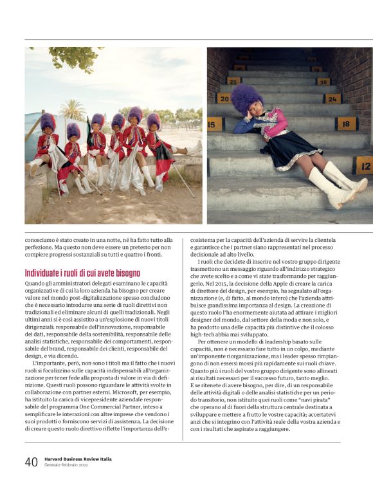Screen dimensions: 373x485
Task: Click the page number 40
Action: pyautogui.click(x=31, y=462)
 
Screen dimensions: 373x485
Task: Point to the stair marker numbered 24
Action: pyautogui.click(x=332, y=98)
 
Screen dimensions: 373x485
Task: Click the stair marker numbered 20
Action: pyautogui.click(x=224, y=98)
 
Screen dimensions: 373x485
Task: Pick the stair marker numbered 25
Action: pyautogui.click(x=233, y=81)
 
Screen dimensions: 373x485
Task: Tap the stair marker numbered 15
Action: pyautogui.click(x=215, y=123)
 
